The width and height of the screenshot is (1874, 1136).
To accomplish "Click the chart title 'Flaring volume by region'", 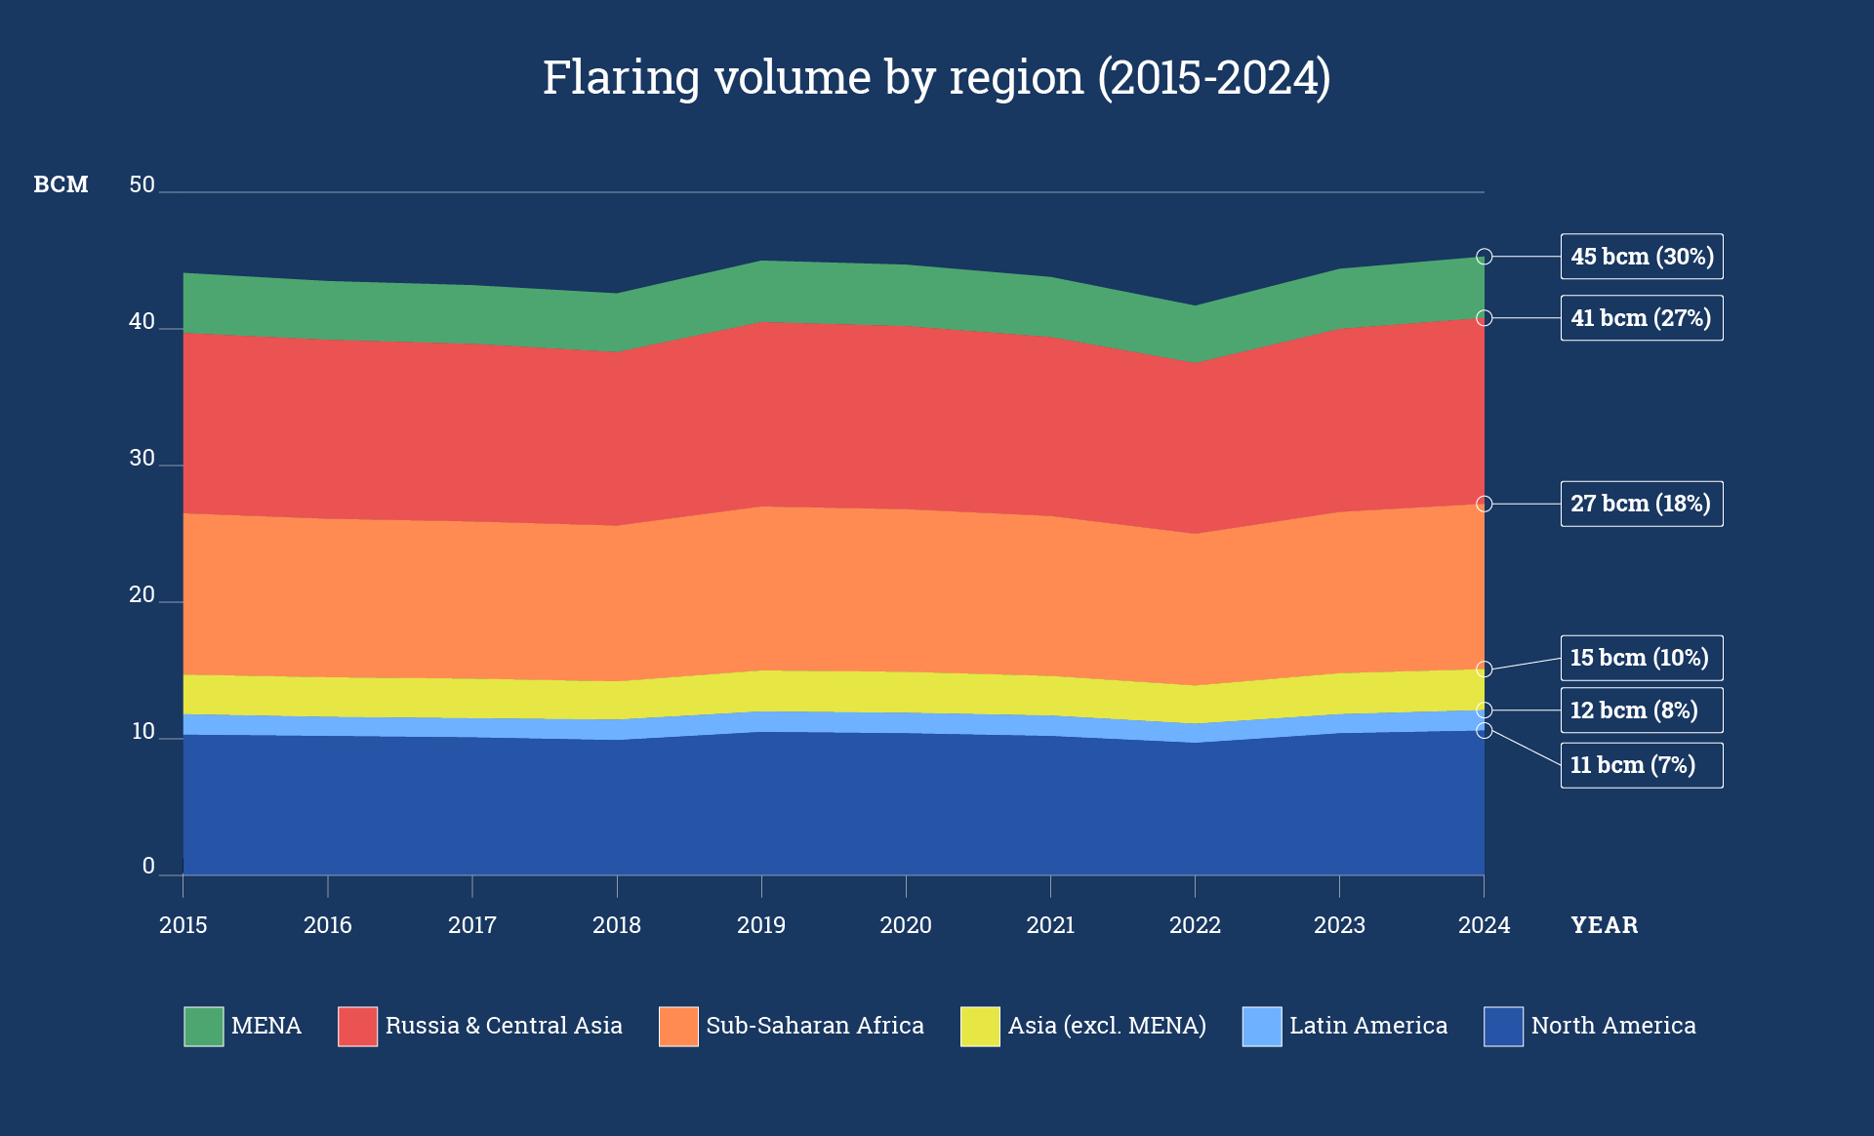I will pos(936,78).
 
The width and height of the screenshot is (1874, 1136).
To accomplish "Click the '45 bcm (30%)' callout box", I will pos(1641,257).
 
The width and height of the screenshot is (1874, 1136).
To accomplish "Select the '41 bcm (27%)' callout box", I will pos(1641,318).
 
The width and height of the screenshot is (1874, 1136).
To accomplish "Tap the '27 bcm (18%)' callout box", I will pos(1641,504).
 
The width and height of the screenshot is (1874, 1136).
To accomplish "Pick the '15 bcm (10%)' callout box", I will pos(1641,658).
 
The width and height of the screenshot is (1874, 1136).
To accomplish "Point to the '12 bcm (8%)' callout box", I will pos(1641,710).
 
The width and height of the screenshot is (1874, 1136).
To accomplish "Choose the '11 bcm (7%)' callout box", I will pos(1641,765).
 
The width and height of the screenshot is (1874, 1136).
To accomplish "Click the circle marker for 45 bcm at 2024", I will pos(1484,257).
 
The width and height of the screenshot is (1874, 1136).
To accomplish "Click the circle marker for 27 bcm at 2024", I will pos(1484,504).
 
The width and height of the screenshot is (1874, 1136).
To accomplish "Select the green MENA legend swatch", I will pos(203,1026).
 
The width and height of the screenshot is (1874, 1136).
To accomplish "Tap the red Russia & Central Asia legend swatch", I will pos(357,1026).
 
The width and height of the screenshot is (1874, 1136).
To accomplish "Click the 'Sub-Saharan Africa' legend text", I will pos(814,1026).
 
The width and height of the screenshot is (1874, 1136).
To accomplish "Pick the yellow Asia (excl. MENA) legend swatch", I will pos(980,1026).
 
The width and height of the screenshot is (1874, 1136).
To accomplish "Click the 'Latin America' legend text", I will pos(1367,1026).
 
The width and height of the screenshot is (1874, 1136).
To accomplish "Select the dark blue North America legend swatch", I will pos(1503,1026).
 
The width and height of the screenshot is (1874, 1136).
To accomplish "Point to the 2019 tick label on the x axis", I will pos(760,925).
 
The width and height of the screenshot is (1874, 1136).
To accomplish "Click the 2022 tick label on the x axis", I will pos(1195,925).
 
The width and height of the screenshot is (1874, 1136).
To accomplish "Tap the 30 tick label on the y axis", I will pos(143,458).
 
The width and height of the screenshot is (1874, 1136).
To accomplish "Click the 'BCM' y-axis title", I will pos(61,184).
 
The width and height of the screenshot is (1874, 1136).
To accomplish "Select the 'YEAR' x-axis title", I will pos(1604,925).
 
